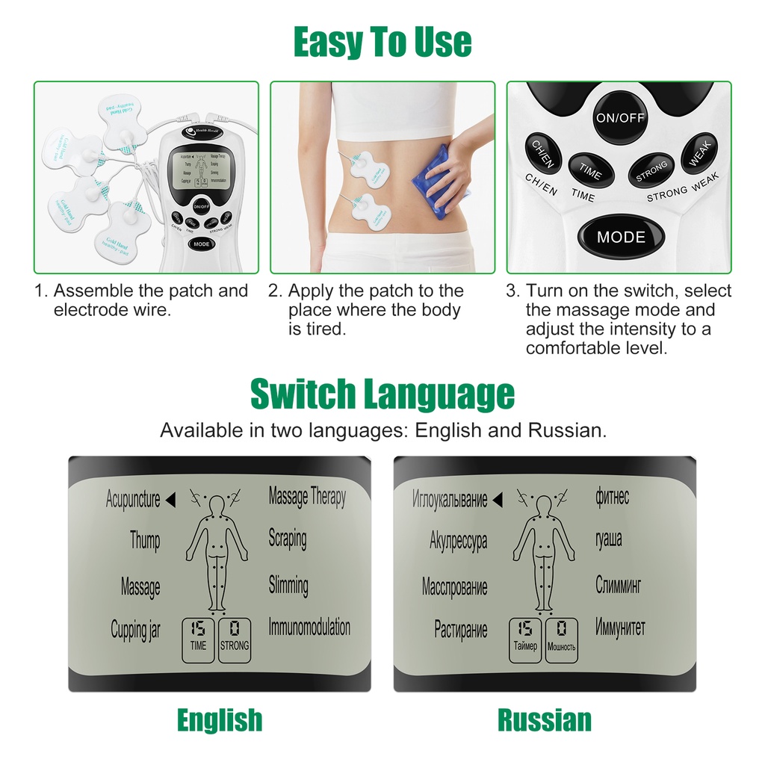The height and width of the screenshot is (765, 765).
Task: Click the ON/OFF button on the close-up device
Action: click(619, 117)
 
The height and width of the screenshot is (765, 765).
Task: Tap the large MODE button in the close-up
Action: click(620, 236)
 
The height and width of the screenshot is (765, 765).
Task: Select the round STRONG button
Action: click(651, 170)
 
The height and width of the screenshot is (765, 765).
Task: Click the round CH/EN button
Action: click(543, 152)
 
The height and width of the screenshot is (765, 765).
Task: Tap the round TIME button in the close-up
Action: click(590, 170)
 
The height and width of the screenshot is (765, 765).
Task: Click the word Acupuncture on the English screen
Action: click(133, 500)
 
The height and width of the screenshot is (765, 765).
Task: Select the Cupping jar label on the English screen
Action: click(135, 630)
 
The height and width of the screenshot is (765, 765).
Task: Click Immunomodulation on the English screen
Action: click(309, 628)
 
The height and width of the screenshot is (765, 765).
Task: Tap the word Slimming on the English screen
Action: click(288, 585)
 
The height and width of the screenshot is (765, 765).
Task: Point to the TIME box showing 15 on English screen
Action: click(198, 639)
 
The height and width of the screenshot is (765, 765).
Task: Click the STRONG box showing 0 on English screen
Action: click(235, 639)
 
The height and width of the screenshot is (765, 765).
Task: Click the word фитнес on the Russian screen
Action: click(612, 496)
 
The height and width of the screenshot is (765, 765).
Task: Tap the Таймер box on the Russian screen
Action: click(525, 639)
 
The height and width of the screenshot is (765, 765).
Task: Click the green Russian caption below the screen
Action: click(545, 720)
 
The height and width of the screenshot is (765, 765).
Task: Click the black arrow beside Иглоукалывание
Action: click(498, 499)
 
